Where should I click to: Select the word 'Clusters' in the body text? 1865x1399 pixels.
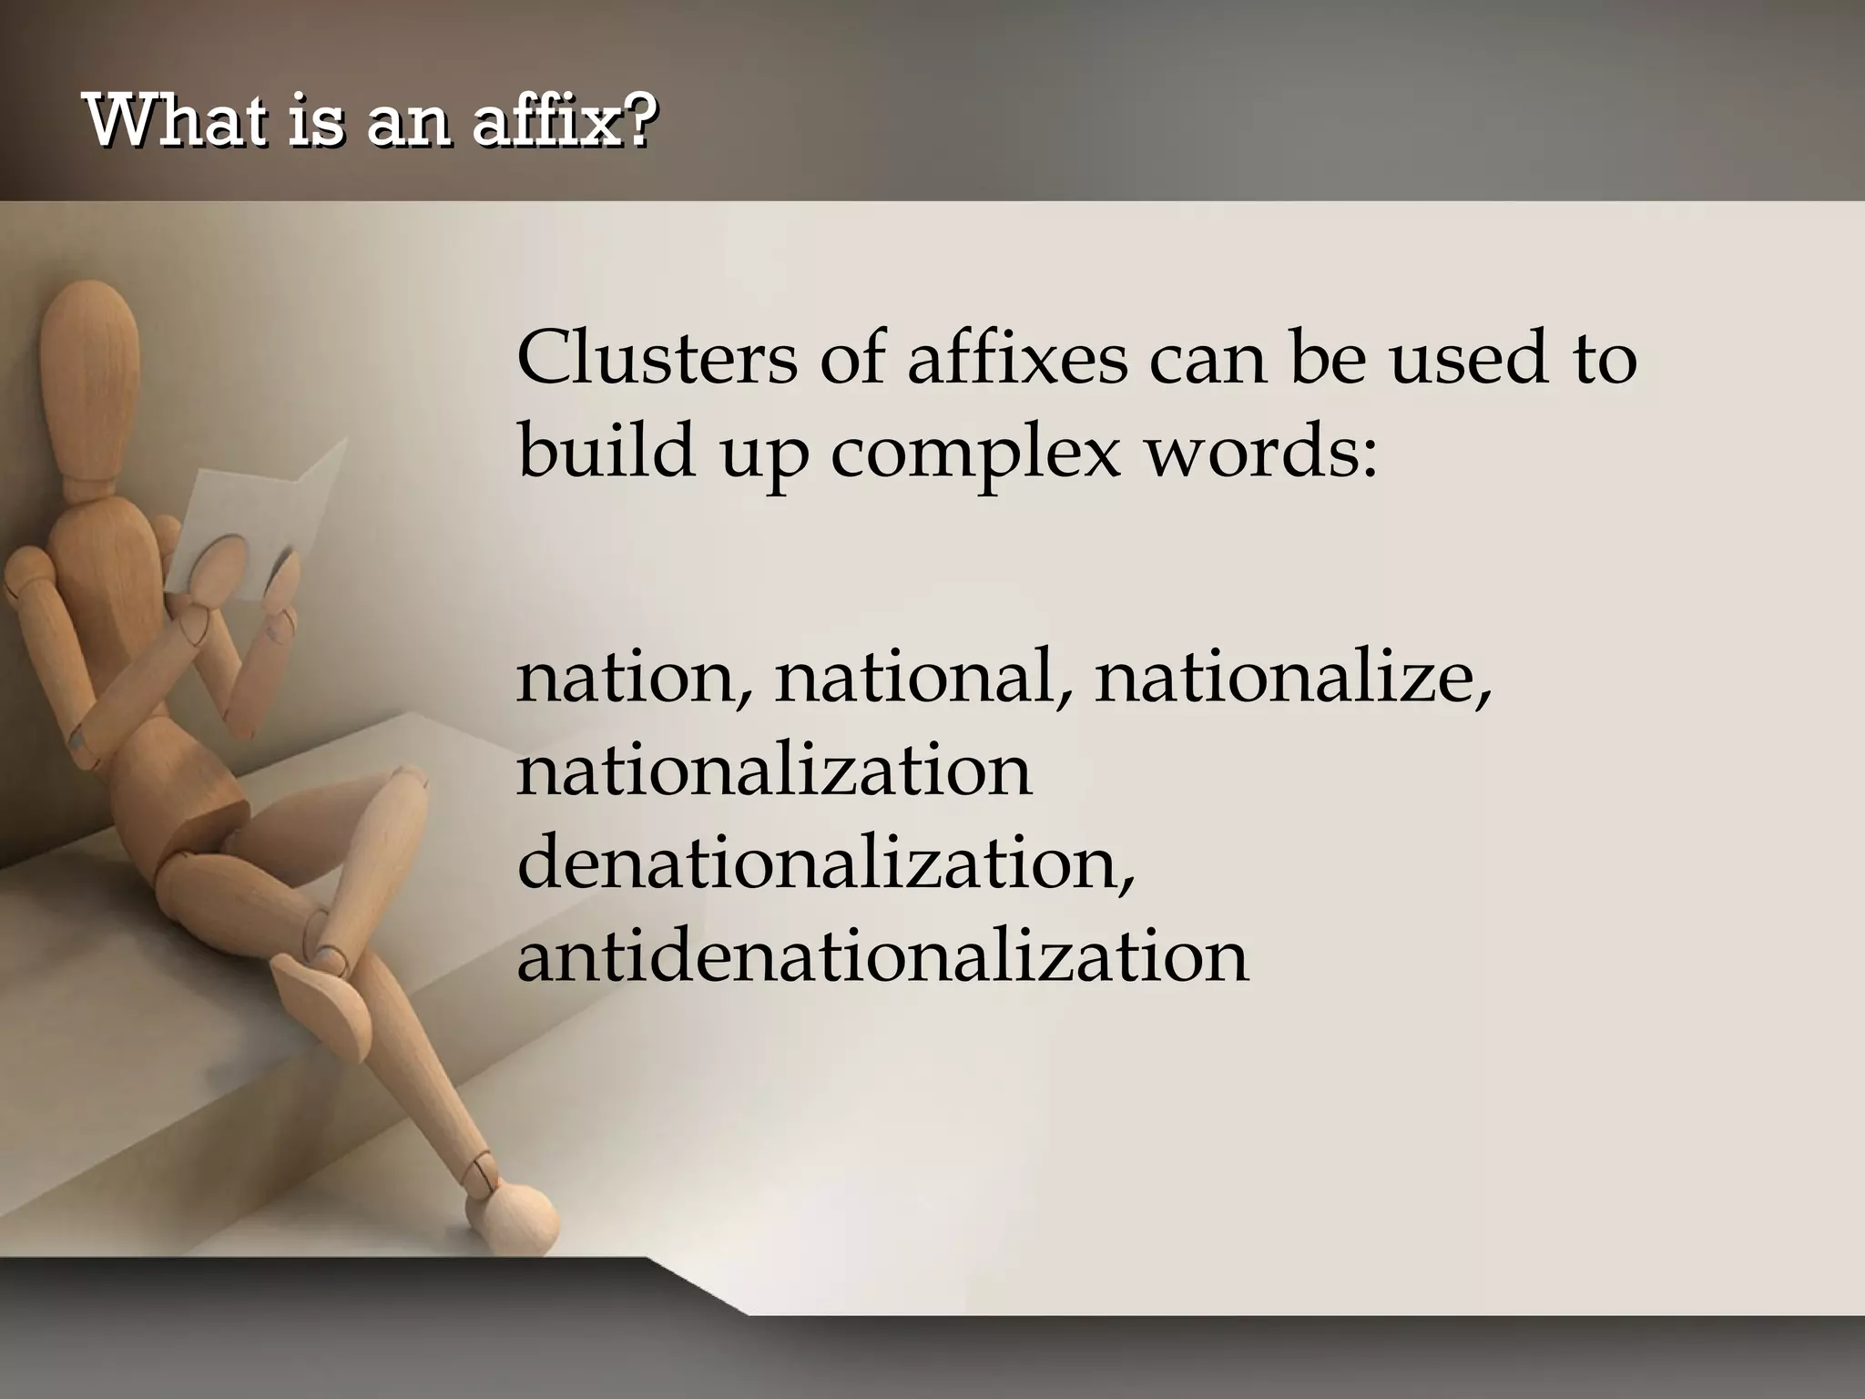(656, 358)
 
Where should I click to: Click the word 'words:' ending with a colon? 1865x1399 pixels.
(1261, 452)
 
